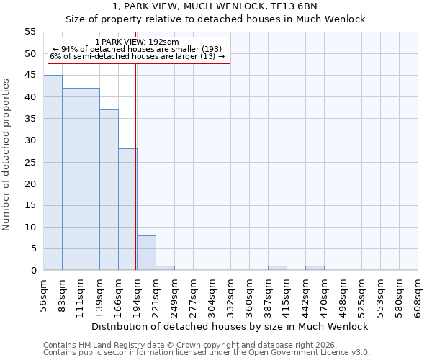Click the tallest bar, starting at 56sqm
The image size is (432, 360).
click(x=53, y=173)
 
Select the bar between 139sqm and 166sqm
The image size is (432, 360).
click(x=109, y=190)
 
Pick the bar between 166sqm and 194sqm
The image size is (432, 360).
click(x=127, y=210)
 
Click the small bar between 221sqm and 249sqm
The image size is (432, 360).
click(x=165, y=268)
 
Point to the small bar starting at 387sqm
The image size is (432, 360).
click(x=277, y=268)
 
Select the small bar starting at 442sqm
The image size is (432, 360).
click(x=315, y=268)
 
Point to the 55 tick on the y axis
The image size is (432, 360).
click(x=30, y=32)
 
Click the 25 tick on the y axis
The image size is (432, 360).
click(x=30, y=162)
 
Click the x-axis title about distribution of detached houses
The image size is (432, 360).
click(x=230, y=326)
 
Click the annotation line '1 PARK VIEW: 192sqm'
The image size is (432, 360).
click(x=137, y=42)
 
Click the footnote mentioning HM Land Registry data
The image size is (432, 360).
click(x=180, y=345)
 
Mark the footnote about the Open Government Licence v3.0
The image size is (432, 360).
click(x=207, y=353)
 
